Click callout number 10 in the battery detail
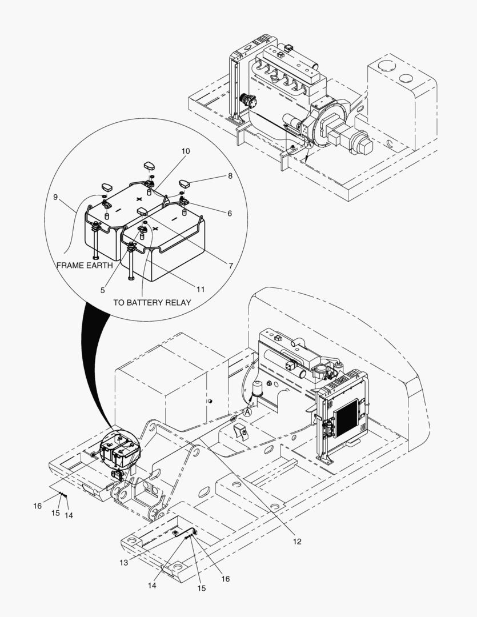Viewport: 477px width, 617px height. tap(186, 151)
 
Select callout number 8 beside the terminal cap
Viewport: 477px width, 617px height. tap(230, 177)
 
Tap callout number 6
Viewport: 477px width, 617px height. tap(229, 214)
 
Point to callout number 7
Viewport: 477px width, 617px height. tap(230, 266)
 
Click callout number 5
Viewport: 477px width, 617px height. tap(103, 290)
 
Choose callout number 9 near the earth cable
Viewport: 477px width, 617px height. tap(55, 197)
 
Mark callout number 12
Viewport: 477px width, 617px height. tap(297, 541)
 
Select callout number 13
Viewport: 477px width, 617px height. tap(124, 563)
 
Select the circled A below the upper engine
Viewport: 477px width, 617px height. tap(308, 146)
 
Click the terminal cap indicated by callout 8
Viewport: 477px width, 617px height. tap(186, 184)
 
